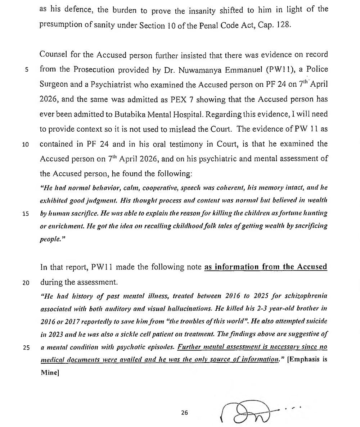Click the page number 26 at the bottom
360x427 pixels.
(185, 413)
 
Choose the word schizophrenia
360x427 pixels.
(306, 296)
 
